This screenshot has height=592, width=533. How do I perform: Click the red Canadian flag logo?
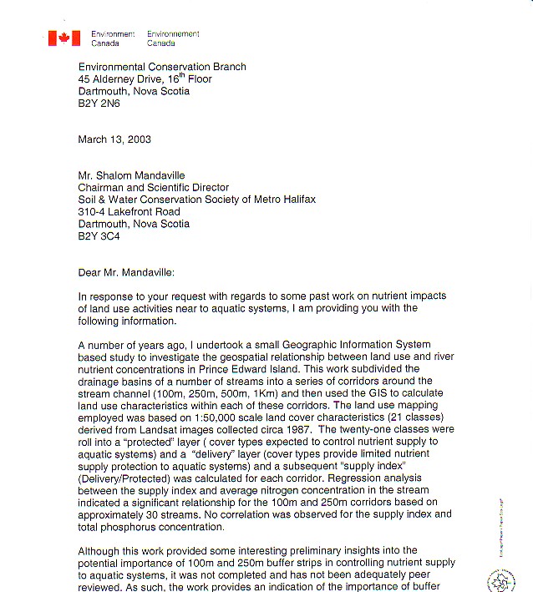(63, 38)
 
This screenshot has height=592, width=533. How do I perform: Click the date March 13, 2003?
(114, 139)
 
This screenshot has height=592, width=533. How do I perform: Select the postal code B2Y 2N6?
(100, 104)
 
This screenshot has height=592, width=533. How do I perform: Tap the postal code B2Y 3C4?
(100, 236)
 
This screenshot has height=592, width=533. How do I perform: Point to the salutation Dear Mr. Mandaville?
(135, 272)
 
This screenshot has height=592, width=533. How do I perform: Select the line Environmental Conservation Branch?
(162, 67)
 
